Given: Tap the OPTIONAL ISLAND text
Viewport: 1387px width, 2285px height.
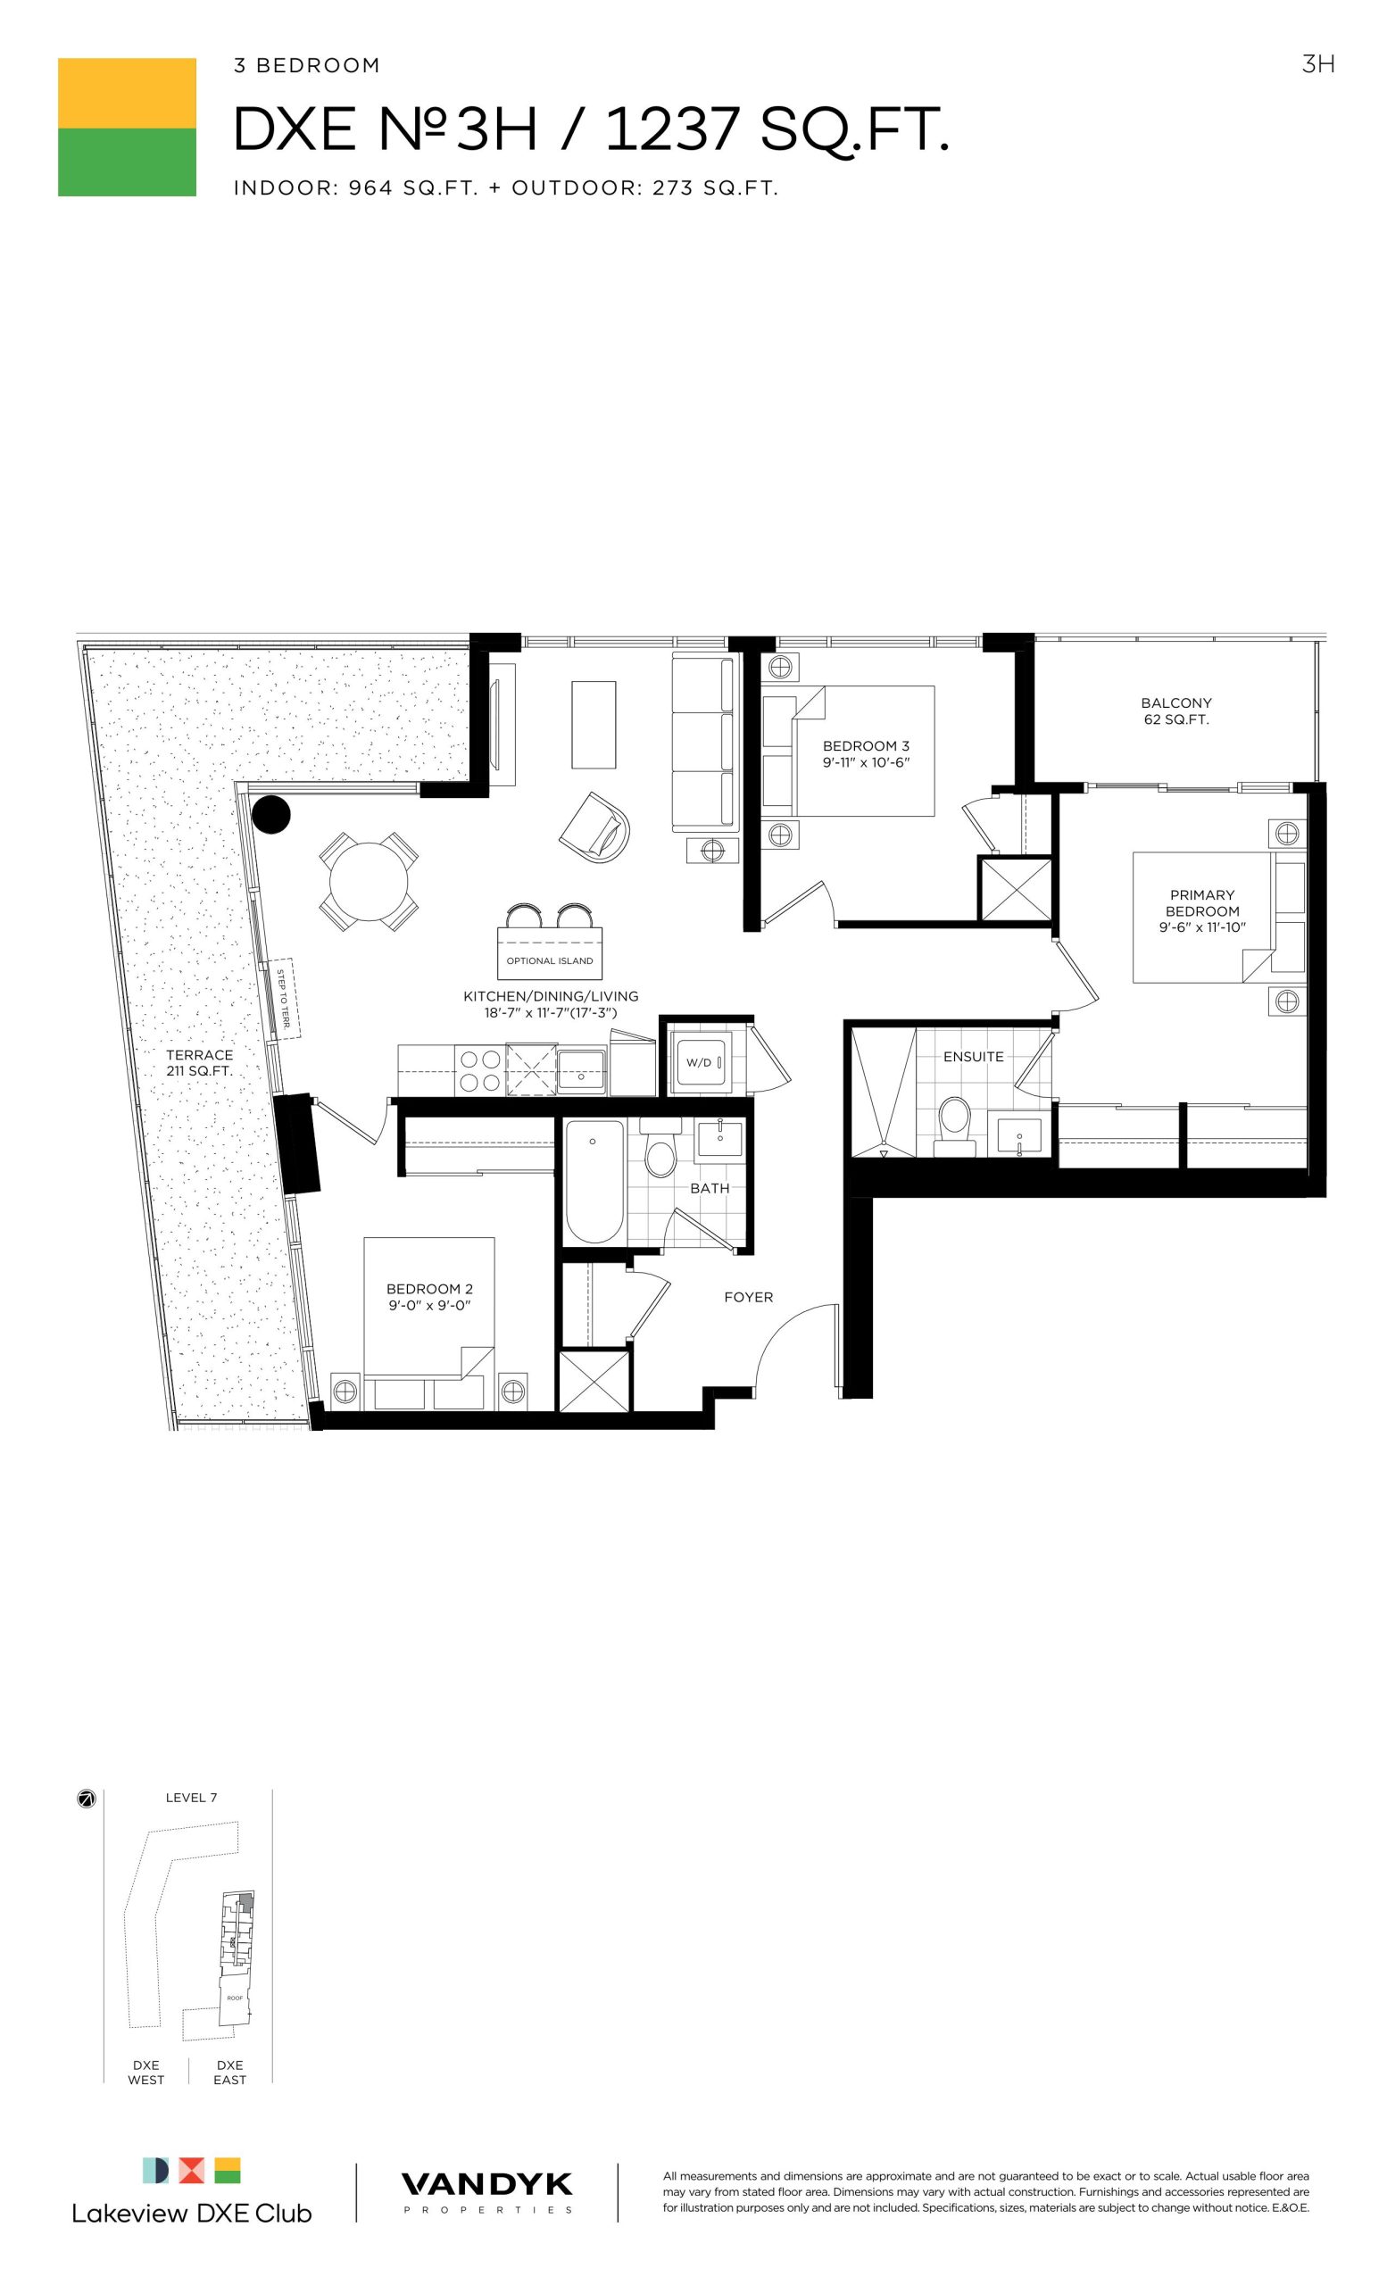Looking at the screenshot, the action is (x=550, y=960).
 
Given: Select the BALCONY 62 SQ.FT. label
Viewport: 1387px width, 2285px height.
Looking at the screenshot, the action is (x=1175, y=711).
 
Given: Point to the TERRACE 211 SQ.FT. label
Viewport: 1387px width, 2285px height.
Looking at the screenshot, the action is (x=199, y=1063).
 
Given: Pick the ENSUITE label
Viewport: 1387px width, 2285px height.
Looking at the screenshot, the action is (x=974, y=1056).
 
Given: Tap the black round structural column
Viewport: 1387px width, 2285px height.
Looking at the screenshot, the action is (x=271, y=815).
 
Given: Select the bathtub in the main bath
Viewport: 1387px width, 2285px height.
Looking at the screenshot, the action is (x=594, y=1182).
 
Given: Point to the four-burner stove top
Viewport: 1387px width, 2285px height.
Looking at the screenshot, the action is (x=479, y=1070).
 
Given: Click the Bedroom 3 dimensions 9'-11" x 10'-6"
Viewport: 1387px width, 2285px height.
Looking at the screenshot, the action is (x=866, y=762).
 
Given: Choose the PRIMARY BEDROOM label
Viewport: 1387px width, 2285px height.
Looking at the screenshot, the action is (x=1201, y=903).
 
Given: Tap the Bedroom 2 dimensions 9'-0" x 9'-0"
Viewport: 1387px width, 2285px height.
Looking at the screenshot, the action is (x=429, y=1306).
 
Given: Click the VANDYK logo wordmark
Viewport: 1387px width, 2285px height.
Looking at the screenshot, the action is (x=486, y=2185).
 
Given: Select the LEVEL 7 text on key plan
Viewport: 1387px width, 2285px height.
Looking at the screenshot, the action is (x=191, y=1798).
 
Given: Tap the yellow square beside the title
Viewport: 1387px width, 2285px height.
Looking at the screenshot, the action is (x=127, y=93).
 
